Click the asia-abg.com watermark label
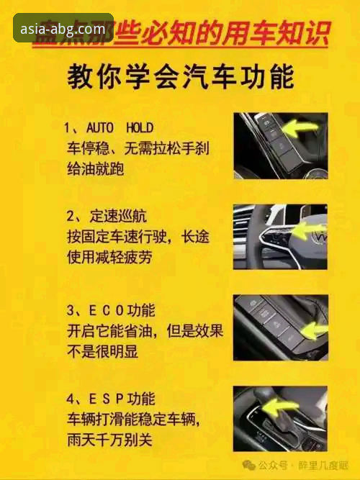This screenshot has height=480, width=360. [x=63, y=29]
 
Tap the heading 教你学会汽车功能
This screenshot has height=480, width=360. [x=180, y=78]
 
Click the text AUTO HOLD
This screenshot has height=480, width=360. [x=120, y=128]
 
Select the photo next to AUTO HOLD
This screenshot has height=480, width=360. [x=280, y=145]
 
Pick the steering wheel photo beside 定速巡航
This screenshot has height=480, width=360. [x=280, y=236]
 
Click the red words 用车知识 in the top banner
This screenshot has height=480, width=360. [x=289, y=32]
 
